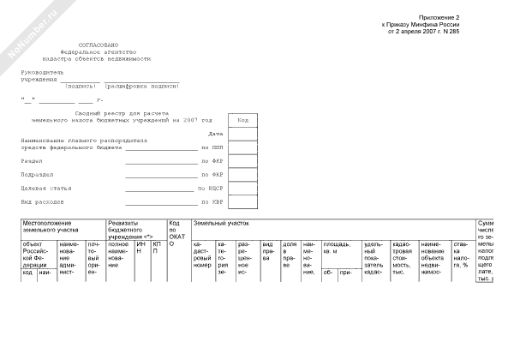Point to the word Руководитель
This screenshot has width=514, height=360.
[43, 73]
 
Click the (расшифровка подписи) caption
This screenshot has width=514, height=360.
[141, 87]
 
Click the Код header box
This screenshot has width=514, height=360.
[242, 120]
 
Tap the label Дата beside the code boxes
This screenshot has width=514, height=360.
[216, 134]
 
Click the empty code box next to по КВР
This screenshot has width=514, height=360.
[242, 202]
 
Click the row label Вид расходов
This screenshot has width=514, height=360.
[41, 202]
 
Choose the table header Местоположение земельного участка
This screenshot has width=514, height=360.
[51, 226]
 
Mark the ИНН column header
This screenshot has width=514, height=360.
[141, 248]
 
